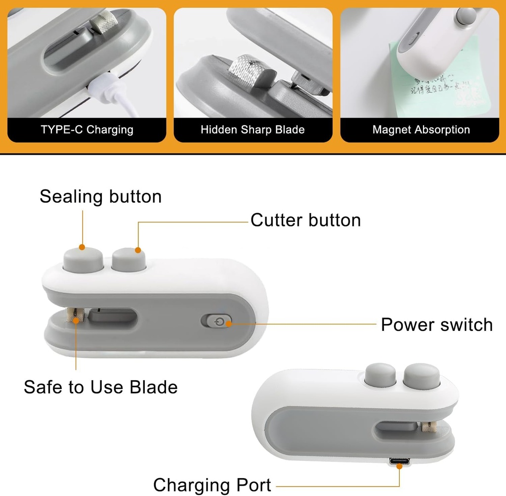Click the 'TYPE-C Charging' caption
click(87, 130)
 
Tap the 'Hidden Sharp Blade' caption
click(253, 130)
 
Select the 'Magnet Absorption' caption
click(421, 130)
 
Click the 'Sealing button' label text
click(101, 196)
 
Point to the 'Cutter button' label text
click(305, 220)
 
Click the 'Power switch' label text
click(437, 325)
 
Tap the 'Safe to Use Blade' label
click(101, 387)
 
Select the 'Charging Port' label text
click(212, 485)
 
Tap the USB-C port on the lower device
click(399, 462)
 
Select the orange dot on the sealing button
click(83, 247)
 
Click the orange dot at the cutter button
click(138, 250)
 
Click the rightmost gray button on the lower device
click(421, 377)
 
